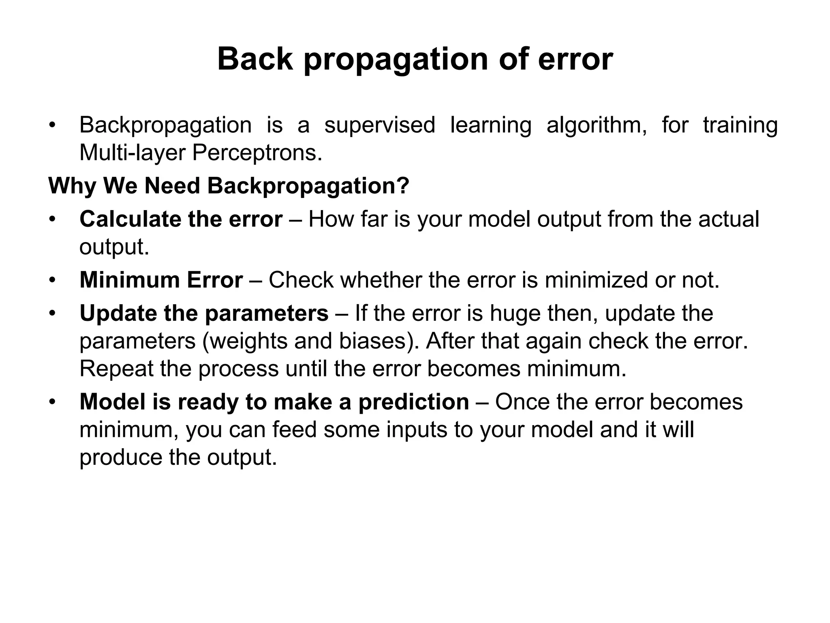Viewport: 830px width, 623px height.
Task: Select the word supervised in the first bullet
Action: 380,125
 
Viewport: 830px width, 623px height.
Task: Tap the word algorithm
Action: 596,125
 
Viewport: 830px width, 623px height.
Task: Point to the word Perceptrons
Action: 257,153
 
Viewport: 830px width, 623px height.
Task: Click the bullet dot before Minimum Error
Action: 51,280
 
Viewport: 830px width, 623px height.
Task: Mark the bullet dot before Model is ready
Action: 51,402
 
